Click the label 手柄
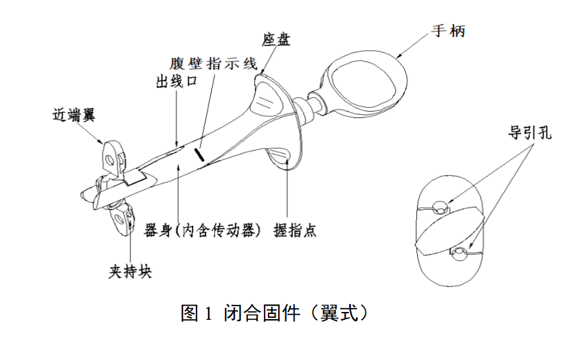pyautogui.click(x=448, y=30)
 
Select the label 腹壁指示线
pyautogui.click(x=213, y=64)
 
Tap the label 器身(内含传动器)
pyautogui.click(x=202, y=231)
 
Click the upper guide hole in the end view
pyautogui.click(x=440, y=208)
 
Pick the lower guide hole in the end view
pyautogui.click(x=461, y=252)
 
